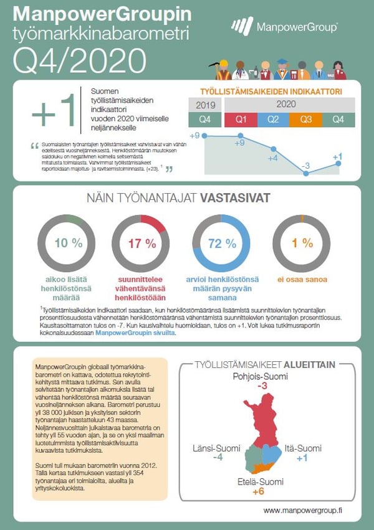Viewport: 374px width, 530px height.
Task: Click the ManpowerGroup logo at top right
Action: pos(284,26)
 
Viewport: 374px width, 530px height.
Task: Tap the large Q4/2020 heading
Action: pos(79,60)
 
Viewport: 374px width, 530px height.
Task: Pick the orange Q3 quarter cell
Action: pos(306,120)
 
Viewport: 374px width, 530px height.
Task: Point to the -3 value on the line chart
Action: pos(305,166)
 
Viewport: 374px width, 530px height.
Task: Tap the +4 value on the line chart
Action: pos(272,158)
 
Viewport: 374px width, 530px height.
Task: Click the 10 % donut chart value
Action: pos(69,244)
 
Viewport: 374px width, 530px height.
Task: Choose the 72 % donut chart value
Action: pos(223,244)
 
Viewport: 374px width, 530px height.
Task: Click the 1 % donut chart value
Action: pos(302,244)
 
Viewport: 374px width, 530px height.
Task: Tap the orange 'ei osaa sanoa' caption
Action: pos(302,280)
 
